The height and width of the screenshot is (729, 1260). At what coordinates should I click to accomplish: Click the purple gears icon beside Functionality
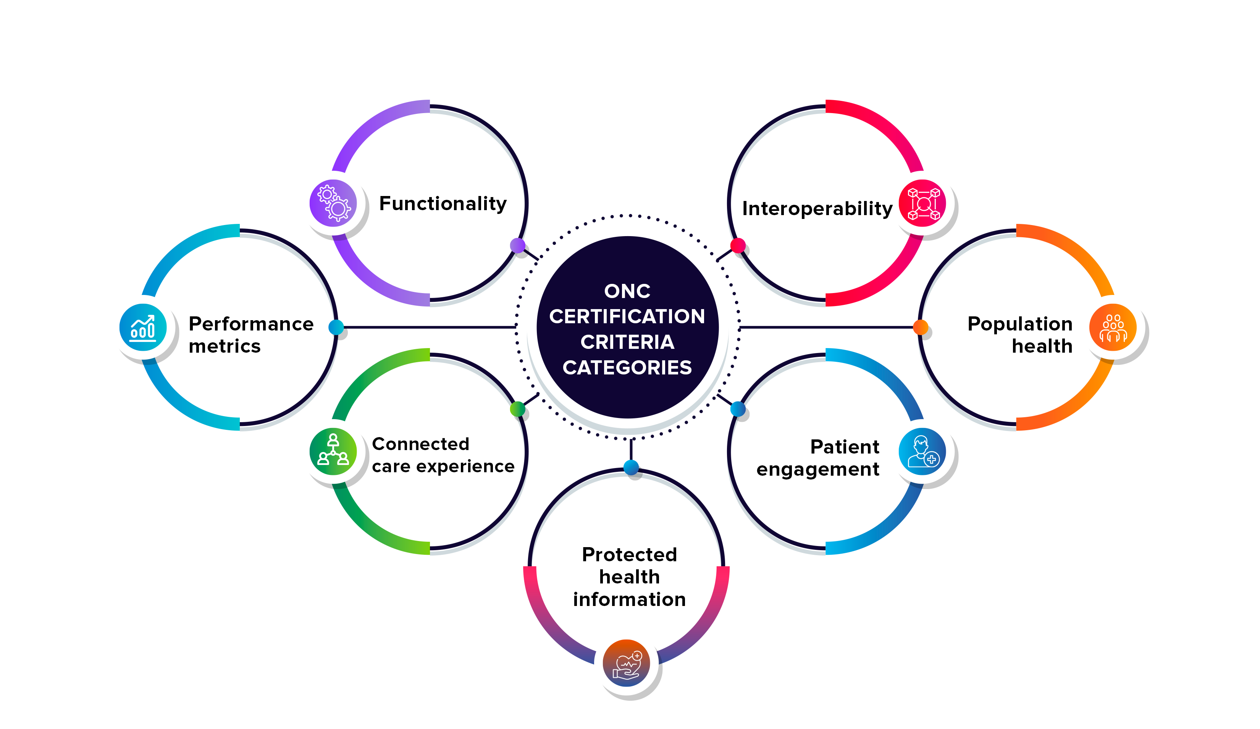pyautogui.click(x=333, y=203)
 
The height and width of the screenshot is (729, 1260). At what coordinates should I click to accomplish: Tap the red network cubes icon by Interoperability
pyautogui.click(x=922, y=203)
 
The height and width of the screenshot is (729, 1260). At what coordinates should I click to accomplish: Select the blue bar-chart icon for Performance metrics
pyautogui.click(x=143, y=327)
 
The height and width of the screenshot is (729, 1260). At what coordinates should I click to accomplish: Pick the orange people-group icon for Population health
pyautogui.click(x=1113, y=327)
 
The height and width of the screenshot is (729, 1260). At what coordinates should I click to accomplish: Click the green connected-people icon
pyautogui.click(x=333, y=451)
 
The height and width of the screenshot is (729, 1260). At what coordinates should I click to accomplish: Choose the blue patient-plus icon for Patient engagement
pyautogui.click(x=922, y=451)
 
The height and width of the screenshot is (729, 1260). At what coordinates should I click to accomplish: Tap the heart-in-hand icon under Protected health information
pyautogui.click(x=626, y=663)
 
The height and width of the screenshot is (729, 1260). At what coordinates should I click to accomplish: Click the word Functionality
pyautogui.click(x=443, y=204)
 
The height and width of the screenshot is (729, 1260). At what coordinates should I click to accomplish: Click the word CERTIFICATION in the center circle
pyautogui.click(x=627, y=316)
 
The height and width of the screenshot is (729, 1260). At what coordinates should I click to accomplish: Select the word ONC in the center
pyautogui.click(x=627, y=291)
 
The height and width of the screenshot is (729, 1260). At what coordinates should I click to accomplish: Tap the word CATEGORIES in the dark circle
pyautogui.click(x=627, y=368)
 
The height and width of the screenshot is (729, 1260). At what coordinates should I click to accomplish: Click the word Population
pyautogui.click(x=1019, y=324)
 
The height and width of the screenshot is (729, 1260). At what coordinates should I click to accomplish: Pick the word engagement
pyautogui.click(x=817, y=469)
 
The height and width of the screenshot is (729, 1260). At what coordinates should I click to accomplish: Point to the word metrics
pyautogui.click(x=225, y=346)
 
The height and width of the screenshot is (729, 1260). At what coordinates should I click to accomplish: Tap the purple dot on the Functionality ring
pyautogui.click(x=517, y=245)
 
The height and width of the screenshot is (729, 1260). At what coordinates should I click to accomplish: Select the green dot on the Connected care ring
pyautogui.click(x=517, y=409)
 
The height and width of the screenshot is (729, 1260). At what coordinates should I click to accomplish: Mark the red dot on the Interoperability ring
pyautogui.click(x=738, y=245)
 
